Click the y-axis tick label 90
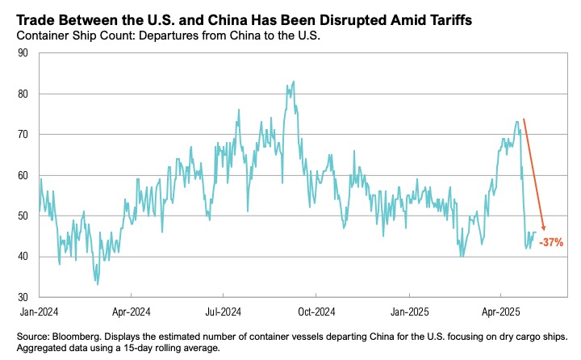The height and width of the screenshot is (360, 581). click(x=23, y=53)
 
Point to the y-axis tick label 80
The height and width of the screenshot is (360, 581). click(x=23, y=94)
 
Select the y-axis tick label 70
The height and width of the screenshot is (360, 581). click(x=23, y=135)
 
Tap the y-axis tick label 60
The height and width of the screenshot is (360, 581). click(x=23, y=175)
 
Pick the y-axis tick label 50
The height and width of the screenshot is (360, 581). click(x=23, y=216)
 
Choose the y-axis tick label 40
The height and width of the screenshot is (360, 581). click(x=23, y=257)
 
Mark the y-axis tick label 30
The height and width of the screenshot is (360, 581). click(x=23, y=297)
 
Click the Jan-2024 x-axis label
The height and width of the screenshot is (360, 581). click(x=39, y=310)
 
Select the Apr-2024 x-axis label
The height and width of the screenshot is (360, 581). click(x=131, y=310)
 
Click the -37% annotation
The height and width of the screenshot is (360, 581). click(x=552, y=242)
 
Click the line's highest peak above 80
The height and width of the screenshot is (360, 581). click(x=294, y=82)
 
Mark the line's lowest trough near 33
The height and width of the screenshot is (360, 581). click(x=98, y=283)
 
